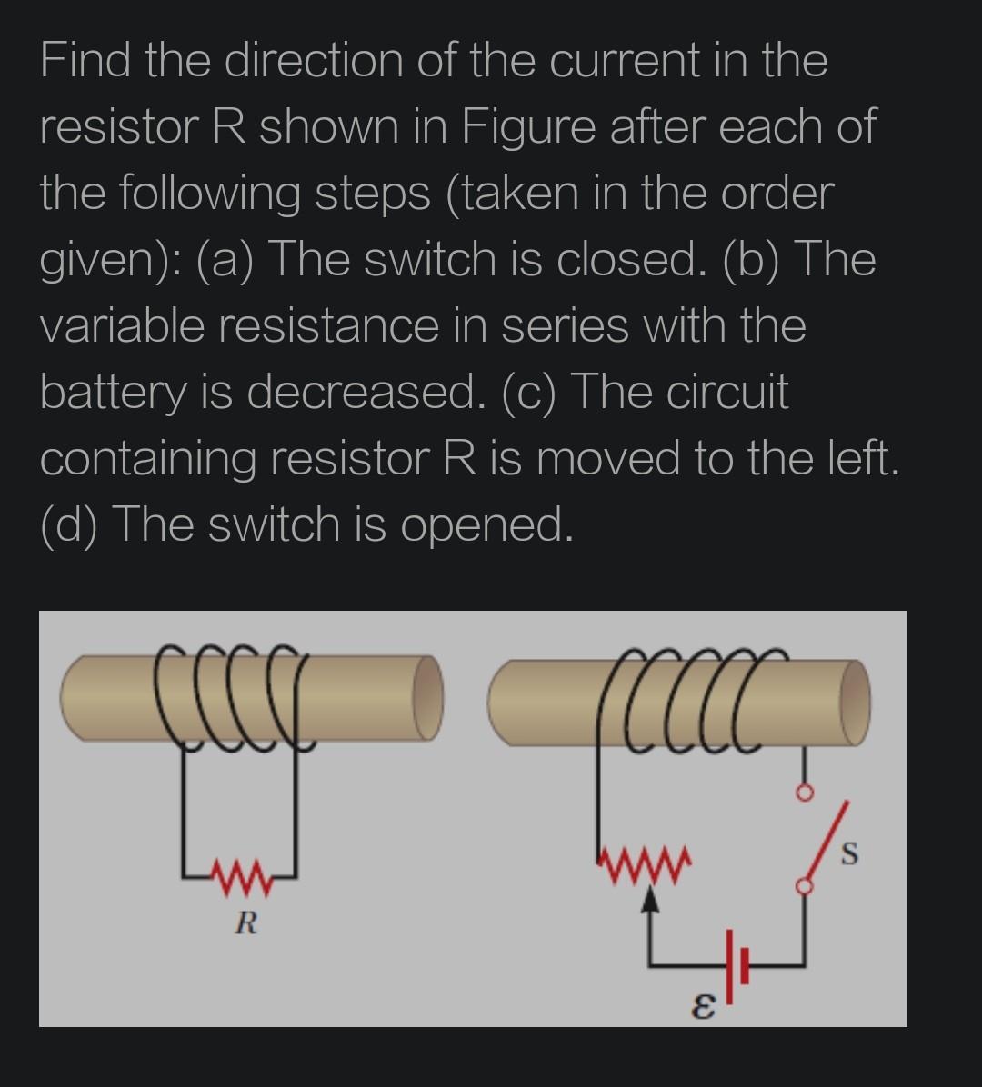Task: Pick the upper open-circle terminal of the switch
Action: (803, 793)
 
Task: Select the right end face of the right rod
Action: (855, 702)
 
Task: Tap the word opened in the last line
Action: (486, 525)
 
